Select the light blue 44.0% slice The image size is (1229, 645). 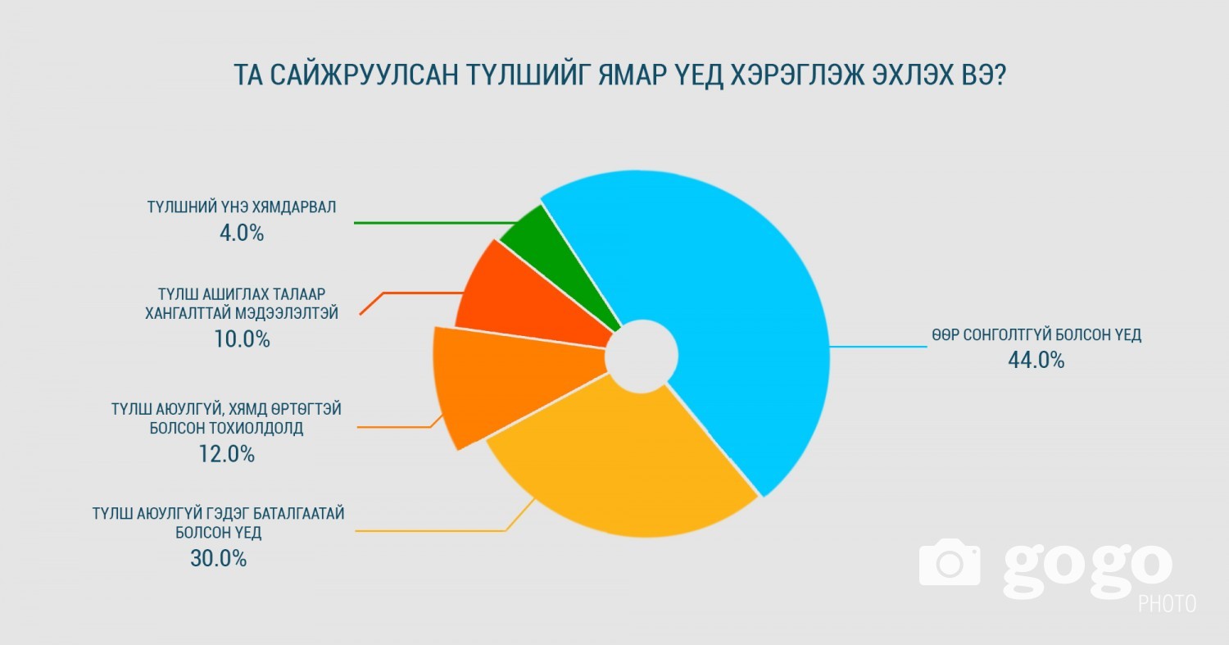point(730,307)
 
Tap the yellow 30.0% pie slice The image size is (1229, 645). point(620,466)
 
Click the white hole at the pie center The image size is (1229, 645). point(642,357)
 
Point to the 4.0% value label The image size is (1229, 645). point(242,234)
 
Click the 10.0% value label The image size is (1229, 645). point(242,339)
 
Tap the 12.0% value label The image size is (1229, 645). point(227,454)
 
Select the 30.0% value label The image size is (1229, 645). point(219,558)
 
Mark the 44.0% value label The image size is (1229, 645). point(1036,360)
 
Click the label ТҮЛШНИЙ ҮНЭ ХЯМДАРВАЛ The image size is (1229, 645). point(242,207)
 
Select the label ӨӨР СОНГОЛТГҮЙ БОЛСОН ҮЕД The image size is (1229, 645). point(1036,334)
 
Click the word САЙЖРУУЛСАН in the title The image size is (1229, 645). point(364,75)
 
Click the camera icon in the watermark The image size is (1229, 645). point(950,561)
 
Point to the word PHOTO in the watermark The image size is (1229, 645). point(1167,604)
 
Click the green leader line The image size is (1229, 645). point(435,223)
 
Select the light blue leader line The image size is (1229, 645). point(878,347)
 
